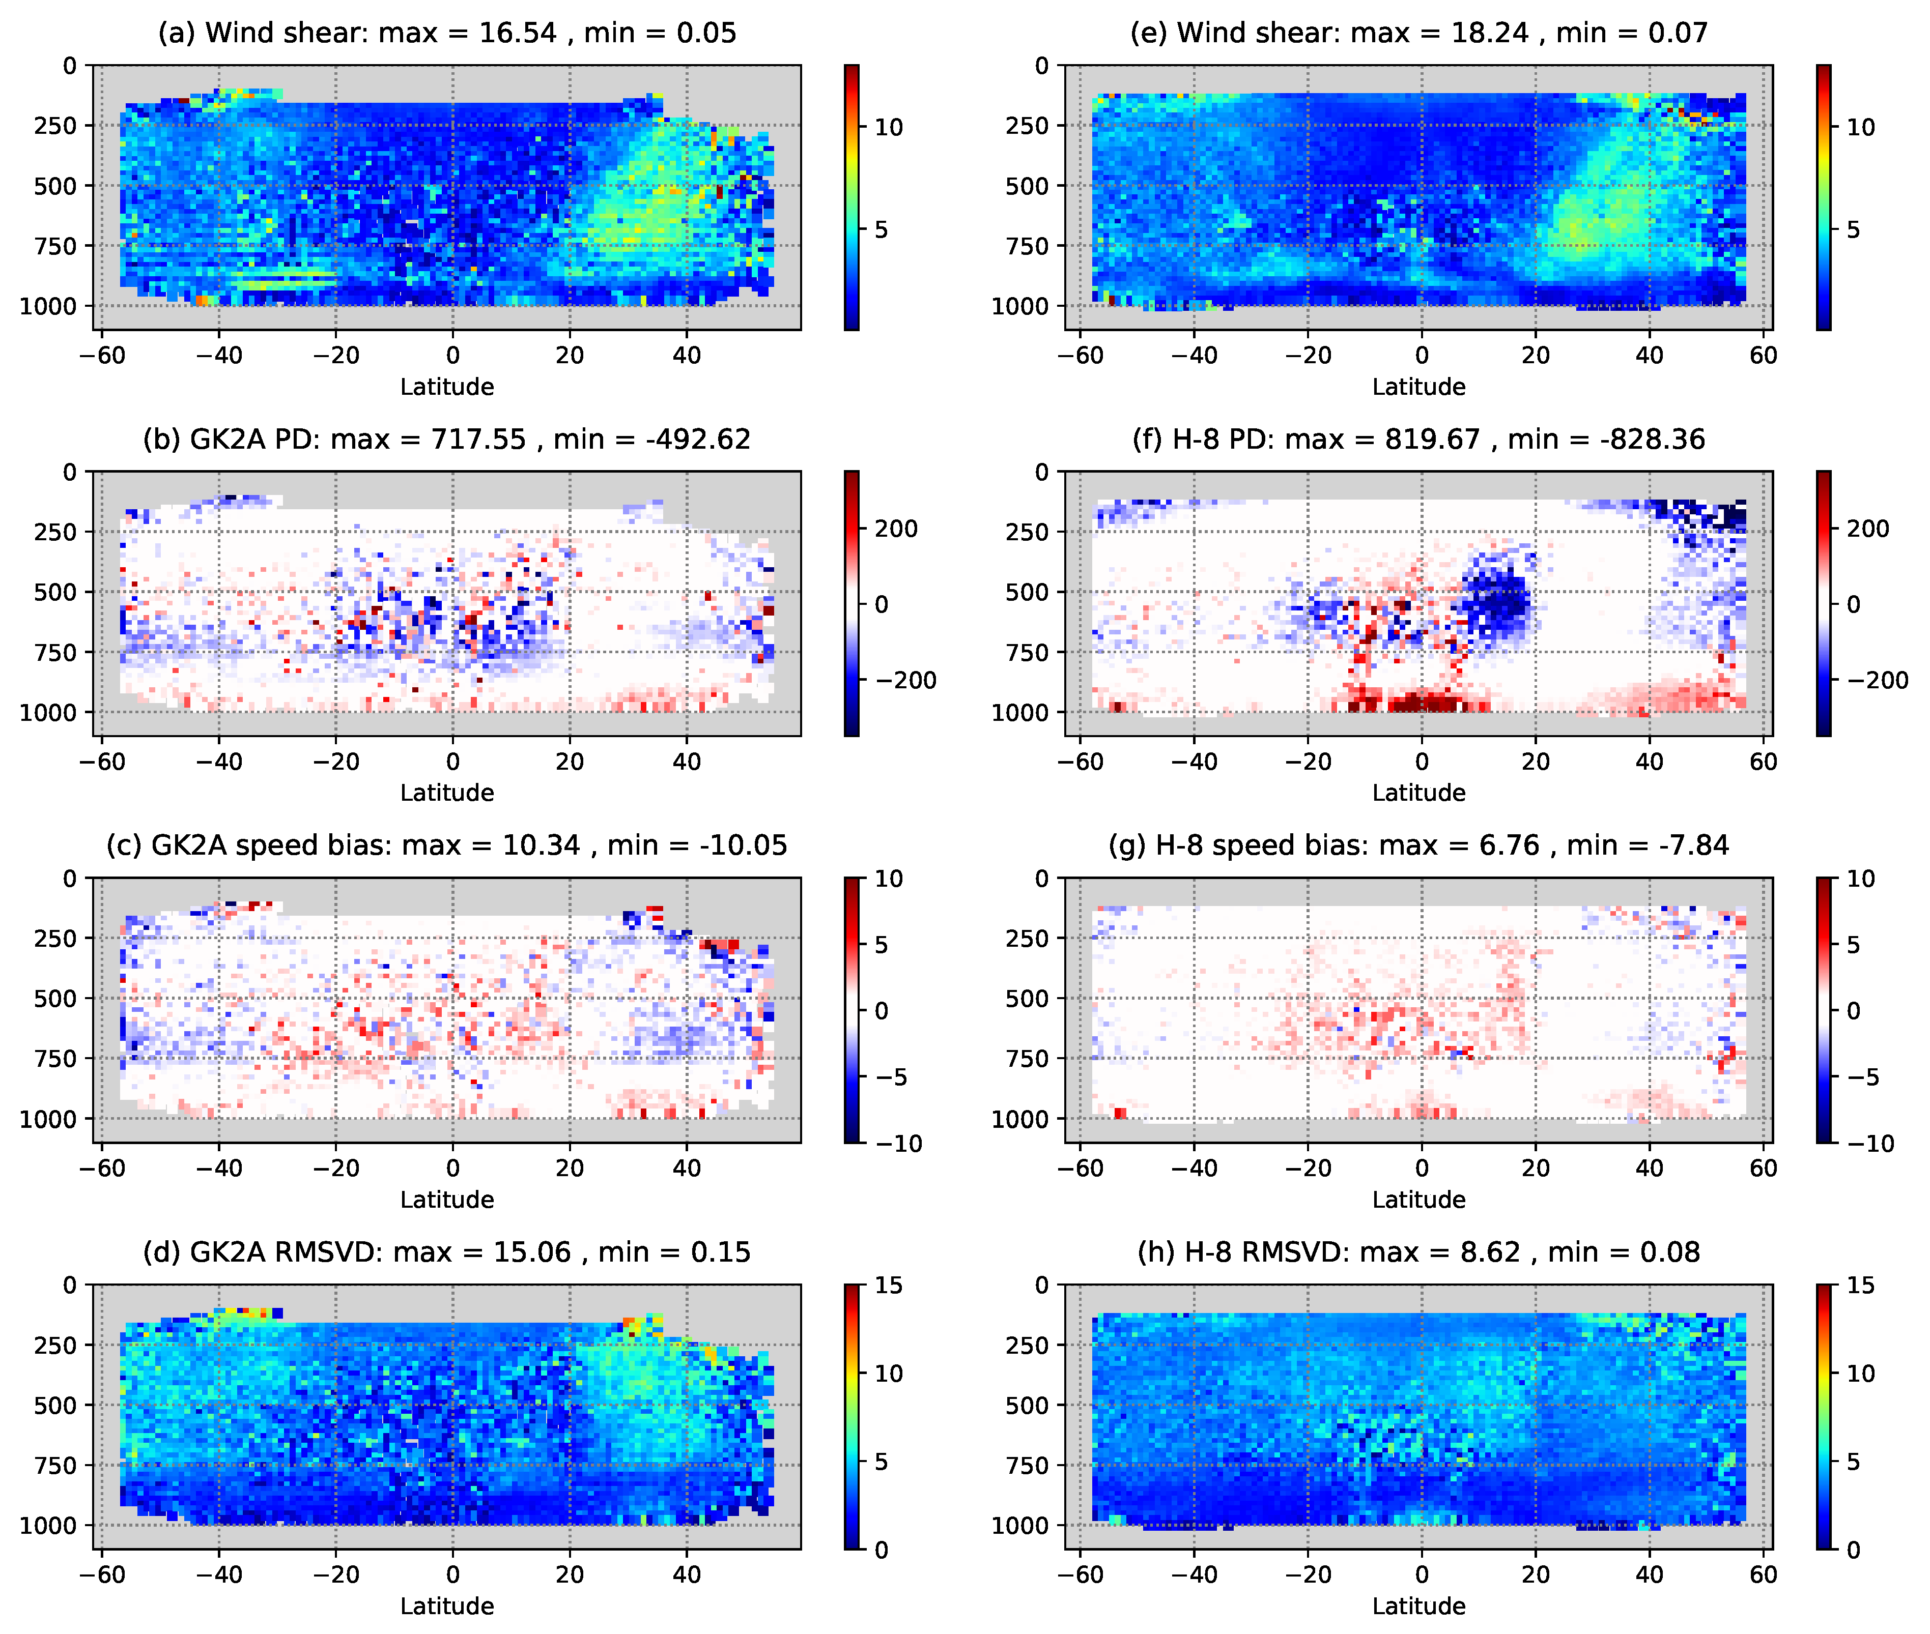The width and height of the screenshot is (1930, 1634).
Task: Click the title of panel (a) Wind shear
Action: pyautogui.click(x=446, y=34)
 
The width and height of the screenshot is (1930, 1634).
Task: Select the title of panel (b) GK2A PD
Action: pyautogui.click(x=446, y=439)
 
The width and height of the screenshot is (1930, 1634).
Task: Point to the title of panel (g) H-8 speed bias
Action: pyautogui.click(x=1417, y=845)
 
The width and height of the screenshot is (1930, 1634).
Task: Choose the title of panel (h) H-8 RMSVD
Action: pyautogui.click(x=1417, y=1252)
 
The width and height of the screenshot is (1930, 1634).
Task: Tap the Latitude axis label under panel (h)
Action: pyautogui.click(x=1417, y=1606)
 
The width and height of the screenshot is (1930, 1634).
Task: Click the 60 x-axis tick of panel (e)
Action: pyautogui.click(x=1762, y=356)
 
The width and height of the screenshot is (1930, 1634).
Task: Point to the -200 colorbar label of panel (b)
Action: pyautogui.click(x=905, y=681)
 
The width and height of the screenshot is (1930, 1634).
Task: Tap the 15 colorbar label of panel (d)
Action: pyautogui.click(x=888, y=1286)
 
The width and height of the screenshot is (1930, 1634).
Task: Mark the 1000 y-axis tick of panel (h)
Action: pyautogui.click(x=1018, y=1526)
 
